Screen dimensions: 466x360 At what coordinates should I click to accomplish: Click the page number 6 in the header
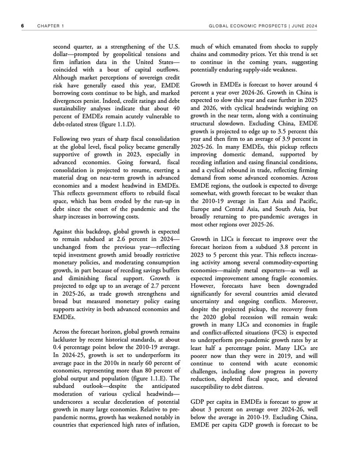[22, 26]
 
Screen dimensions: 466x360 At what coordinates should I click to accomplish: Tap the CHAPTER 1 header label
[50, 26]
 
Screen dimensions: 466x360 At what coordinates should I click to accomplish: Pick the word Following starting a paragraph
[68, 139]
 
